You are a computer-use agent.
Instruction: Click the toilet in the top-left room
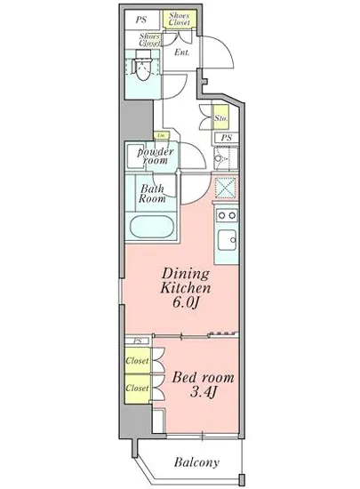click(x=139, y=68)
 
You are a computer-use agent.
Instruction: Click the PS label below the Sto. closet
click(x=226, y=138)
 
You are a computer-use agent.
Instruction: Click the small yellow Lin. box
click(x=161, y=135)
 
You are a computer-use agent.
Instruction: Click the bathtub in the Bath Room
click(x=152, y=227)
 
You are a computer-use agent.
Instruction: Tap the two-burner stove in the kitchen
click(x=225, y=215)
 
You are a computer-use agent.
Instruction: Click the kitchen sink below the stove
click(x=225, y=240)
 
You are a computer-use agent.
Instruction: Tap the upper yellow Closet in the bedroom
click(x=137, y=363)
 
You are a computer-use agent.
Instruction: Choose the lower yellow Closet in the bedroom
click(x=137, y=389)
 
